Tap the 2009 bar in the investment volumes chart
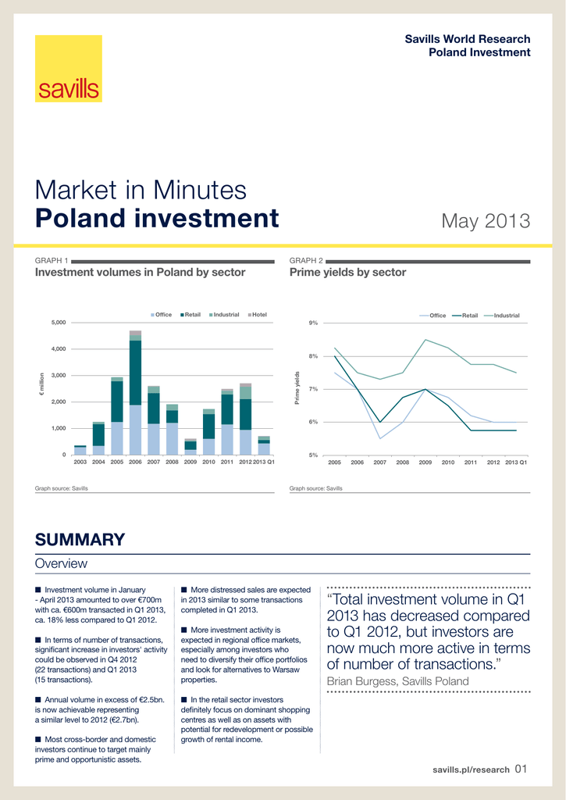coord(190,446)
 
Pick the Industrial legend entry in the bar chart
coord(223,315)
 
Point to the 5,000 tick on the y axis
coord(59,323)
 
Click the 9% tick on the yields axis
coord(313,323)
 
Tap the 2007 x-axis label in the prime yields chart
coord(380,463)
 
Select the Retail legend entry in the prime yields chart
coord(466,316)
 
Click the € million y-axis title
coord(42,388)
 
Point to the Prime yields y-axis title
coord(296,388)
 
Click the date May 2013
coord(486,221)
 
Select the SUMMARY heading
coord(80,539)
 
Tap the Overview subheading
coord(62,563)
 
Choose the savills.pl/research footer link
coord(471,770)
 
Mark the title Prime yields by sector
coord(347,273)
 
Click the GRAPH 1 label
coord(52,260)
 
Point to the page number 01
coord(522,770)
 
